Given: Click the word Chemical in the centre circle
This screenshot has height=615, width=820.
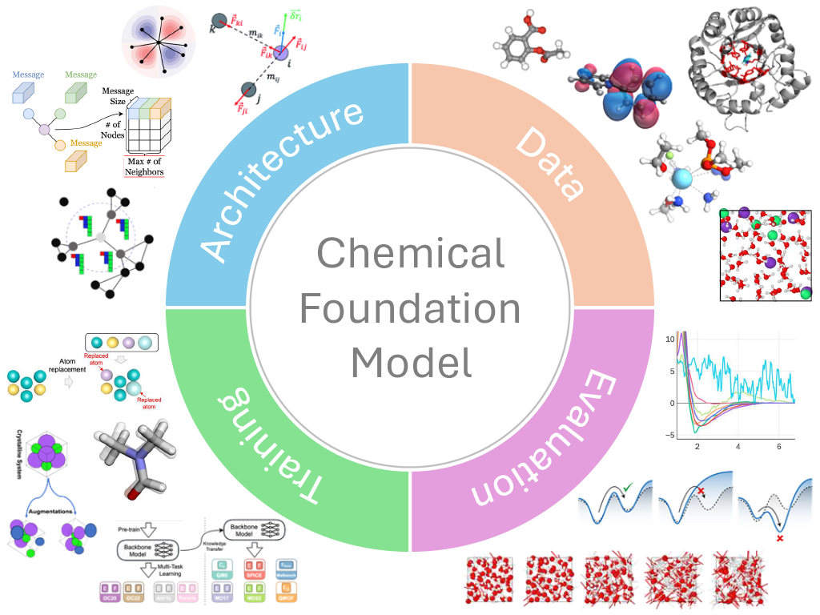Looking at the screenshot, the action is click(410, 255).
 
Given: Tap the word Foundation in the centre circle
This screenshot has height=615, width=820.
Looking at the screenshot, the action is click(410, 309).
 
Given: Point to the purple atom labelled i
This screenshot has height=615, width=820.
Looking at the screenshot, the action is click(280, 52).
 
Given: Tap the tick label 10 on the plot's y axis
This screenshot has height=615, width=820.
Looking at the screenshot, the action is click(670, 340).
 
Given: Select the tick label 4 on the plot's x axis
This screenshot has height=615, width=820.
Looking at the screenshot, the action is click(738, 446).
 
